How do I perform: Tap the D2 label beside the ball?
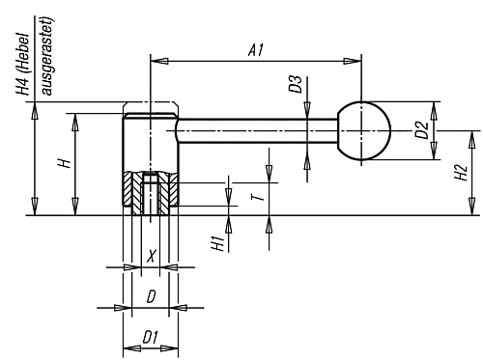(421, 128)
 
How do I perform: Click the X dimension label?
(150, 256)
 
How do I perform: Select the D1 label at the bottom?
(149, 336)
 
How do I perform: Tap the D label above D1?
(150, 298)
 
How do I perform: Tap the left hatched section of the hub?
(129, 191)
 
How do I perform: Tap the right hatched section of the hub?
(169, 191)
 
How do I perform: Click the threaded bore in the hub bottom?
(150, 193)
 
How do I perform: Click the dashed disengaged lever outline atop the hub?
(150, 107)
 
